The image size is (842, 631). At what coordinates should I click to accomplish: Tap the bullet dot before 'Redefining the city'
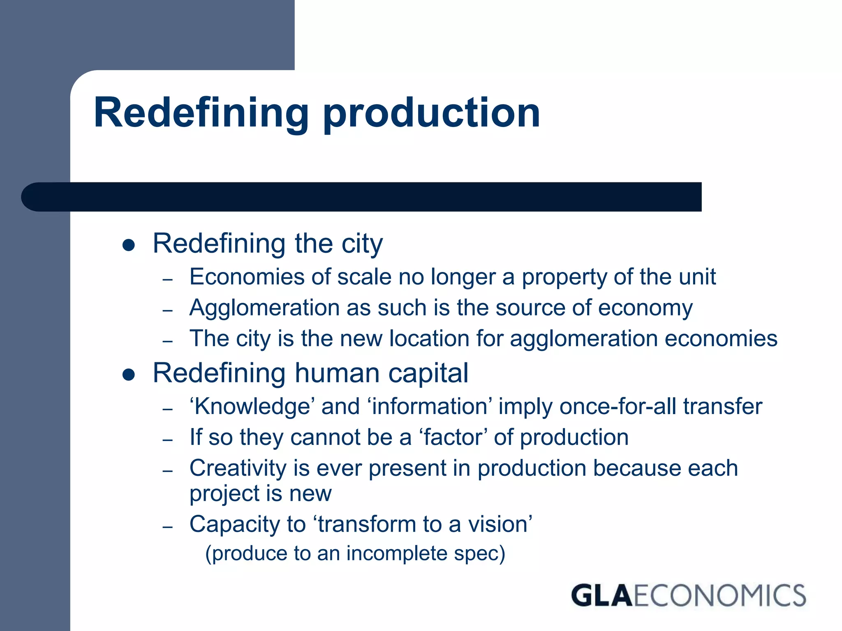coord(129,245)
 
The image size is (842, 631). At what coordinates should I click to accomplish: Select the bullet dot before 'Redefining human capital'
coord(129,375)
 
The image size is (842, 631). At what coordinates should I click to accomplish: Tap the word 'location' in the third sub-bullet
coord(429,339)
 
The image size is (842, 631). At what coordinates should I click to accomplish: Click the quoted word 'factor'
coord(453,437)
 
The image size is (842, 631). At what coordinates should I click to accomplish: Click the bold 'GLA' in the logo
coord(601,596)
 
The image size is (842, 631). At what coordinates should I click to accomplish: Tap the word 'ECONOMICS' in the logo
coord(719,596)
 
